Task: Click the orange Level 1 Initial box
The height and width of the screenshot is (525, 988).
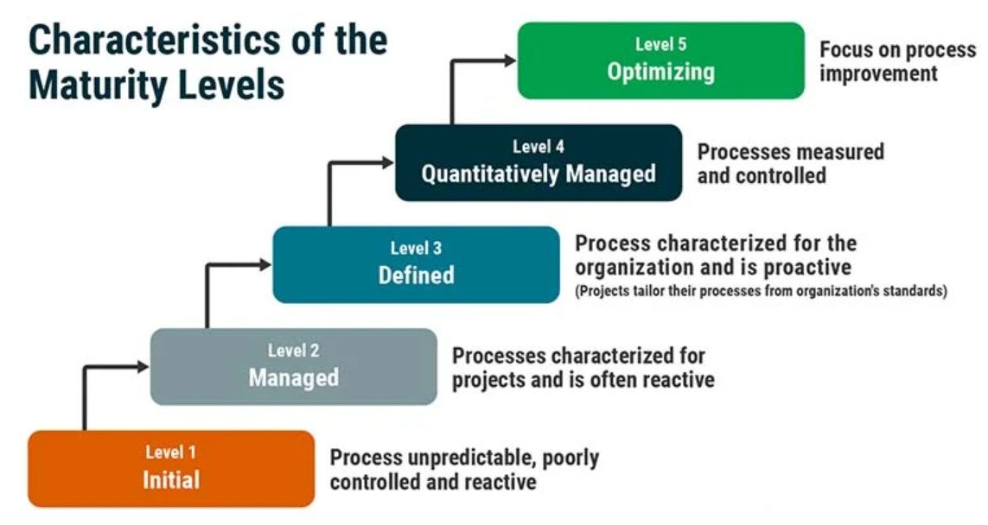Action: point(171,468)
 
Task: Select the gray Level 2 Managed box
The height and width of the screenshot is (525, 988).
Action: point(294,366)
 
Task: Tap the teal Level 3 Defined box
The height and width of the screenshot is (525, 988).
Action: point(416,264)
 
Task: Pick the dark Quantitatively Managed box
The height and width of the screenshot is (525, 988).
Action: point(539,162)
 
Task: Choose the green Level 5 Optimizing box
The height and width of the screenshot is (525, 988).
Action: point(660,60)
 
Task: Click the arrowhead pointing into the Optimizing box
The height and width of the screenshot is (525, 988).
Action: point(509,60)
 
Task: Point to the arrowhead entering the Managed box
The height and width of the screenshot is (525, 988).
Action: point(143,367)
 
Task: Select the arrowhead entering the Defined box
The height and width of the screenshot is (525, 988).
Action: point(265,265)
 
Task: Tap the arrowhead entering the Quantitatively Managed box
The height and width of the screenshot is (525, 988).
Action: point(387,161)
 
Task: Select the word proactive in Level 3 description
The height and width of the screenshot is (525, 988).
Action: point(805,267)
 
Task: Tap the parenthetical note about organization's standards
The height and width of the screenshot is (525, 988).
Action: point(761,292)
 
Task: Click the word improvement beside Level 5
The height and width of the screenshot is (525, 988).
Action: point(878,73)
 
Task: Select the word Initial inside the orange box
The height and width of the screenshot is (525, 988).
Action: point(171,479)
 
